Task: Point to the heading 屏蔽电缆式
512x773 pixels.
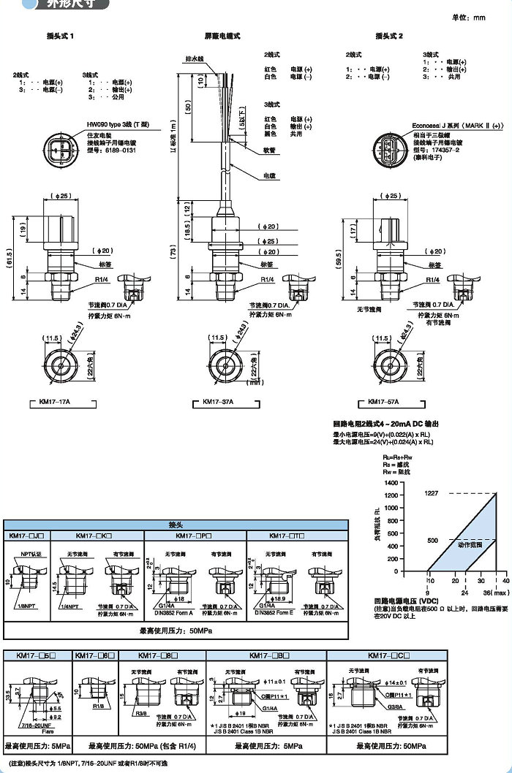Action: click(222, 36)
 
